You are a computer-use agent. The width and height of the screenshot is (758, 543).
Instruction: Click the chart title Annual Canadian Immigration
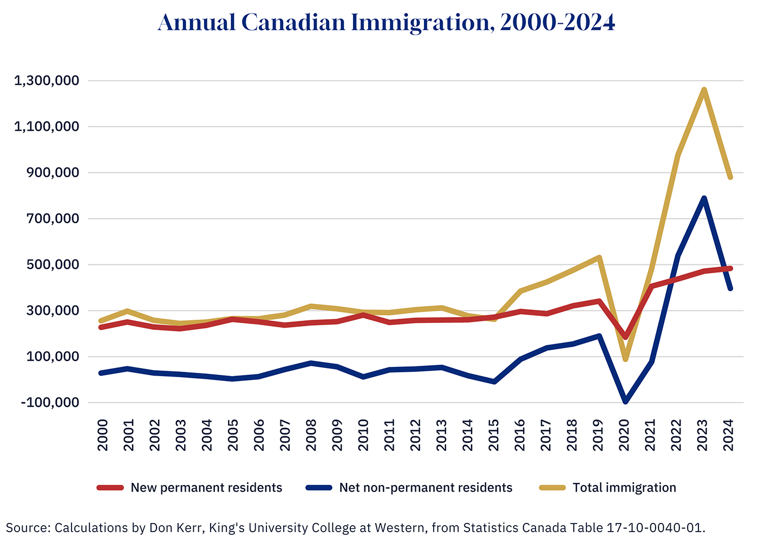[387, 23]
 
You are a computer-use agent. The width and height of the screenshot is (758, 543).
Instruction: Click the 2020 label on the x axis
[624, 435]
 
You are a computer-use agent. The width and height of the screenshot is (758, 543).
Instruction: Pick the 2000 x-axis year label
[102, 435]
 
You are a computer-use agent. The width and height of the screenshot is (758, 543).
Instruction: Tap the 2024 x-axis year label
[729, 435]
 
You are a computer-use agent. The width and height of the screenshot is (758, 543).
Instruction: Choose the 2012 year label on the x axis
[415, 435]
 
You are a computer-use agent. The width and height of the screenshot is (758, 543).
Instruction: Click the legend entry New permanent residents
[206, 488]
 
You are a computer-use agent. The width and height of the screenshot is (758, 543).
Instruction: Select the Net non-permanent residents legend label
[426, 488]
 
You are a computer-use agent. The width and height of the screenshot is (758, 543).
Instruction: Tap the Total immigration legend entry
[624, 488]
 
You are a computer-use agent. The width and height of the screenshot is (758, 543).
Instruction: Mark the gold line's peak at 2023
[703, 90]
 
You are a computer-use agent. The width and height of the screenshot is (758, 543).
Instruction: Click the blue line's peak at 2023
[703, 198]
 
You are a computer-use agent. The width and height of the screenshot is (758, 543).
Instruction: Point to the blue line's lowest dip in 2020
[625, 402]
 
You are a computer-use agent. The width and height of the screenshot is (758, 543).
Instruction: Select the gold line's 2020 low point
[625, 359]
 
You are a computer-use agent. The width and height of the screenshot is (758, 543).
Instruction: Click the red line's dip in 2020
[625, 337]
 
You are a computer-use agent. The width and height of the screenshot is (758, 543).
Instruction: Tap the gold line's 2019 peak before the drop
[599, 257]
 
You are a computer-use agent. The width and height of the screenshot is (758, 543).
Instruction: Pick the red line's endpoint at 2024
[730, 268]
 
